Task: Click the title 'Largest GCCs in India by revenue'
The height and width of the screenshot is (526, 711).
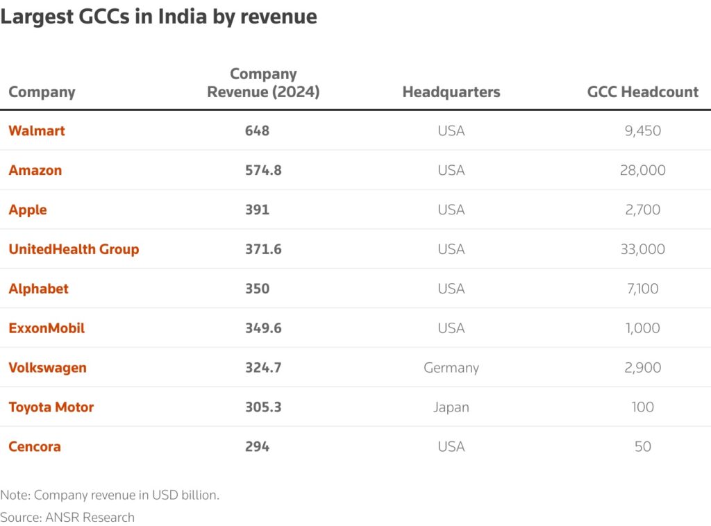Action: coord(159,17)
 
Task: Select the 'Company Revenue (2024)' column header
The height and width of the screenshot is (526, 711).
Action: coord(263,83)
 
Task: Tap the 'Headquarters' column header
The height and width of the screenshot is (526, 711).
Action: coord(451,92)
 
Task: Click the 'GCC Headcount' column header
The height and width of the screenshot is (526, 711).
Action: coord(642,92)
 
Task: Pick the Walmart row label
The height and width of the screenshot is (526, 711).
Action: coord(37,130)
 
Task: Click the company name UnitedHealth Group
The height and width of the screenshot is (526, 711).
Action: coord(74,249)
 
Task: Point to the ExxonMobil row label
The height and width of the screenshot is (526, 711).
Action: coord(47,328)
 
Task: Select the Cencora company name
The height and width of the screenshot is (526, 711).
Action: coord(35,446)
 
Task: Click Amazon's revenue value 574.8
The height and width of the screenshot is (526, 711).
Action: coord(263,170)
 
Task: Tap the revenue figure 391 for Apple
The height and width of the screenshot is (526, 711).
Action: coord(257,210)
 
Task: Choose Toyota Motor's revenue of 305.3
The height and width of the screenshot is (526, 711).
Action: coord(263,407)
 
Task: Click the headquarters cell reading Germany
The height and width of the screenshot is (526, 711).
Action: coord(451,368)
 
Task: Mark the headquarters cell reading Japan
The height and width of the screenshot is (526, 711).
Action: coord(451,407)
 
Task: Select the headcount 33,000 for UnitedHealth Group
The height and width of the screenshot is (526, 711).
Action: coord(642,249)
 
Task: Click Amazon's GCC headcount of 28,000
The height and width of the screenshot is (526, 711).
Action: coord(642,170)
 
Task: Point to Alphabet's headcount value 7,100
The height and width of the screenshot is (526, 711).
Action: coord(642,289)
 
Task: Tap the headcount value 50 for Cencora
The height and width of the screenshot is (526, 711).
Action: coord(642,446)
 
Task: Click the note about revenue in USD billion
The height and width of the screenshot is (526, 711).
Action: coord(110,495)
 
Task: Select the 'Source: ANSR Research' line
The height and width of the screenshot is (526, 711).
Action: coord(67,517)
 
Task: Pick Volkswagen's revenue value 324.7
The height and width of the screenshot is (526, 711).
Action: coord(263,368)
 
